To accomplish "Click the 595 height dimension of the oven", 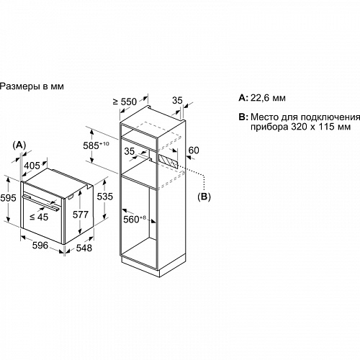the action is click(8, 198).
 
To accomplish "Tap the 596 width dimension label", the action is click(40, 246).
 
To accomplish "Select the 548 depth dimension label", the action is click(84, 248).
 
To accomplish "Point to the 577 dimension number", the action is click(81, 215).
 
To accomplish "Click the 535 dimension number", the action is click(104, 197).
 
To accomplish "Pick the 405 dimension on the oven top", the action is click(32, 166).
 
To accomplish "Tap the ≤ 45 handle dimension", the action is click(39, 217).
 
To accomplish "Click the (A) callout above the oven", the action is click(19, 145).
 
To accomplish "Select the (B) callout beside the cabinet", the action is click(204, 197).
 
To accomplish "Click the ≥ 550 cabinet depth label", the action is click(125, 102).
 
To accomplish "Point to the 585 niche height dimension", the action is click(96, 145).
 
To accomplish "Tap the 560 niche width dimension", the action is click(135, 219).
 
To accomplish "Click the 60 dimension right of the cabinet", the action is click(194, 150).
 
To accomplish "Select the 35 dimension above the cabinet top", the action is click(177, 100).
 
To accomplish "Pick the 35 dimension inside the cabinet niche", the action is click(130, 151).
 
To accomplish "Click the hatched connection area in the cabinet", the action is click(168, 161).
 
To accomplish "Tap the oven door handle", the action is click(40, 203).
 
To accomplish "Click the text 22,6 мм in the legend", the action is click(268, 98).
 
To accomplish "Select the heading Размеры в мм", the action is click(32, 86).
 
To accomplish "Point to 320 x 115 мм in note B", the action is click(321, 127).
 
